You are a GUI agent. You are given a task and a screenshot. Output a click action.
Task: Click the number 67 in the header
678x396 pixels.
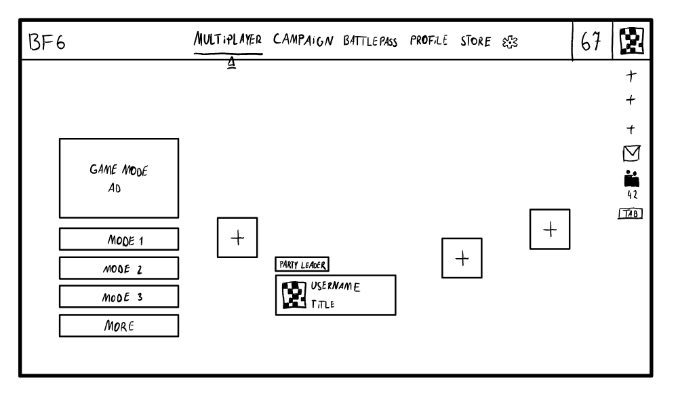point(591,42)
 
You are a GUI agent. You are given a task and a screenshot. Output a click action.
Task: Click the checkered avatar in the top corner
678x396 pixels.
point(633,42)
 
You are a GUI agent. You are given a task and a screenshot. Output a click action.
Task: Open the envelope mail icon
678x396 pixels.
point(632,154)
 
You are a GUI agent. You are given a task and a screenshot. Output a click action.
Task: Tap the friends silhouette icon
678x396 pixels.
point(632,178)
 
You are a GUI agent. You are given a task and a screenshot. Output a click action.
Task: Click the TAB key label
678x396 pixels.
point(631,214)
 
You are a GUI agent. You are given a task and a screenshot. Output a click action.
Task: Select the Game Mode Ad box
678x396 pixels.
point(119,178)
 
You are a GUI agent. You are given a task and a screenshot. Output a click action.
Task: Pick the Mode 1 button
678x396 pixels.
point(119,239)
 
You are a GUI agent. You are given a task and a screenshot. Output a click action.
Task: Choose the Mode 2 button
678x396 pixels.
point(119,268)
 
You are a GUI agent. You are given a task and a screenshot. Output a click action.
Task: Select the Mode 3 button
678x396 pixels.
point(119,297)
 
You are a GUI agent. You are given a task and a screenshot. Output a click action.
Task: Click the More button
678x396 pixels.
point(119,325)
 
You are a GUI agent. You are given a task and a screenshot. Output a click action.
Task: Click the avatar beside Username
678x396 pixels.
point(294,295)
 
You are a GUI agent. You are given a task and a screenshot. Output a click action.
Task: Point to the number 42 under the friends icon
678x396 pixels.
point(632,195)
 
